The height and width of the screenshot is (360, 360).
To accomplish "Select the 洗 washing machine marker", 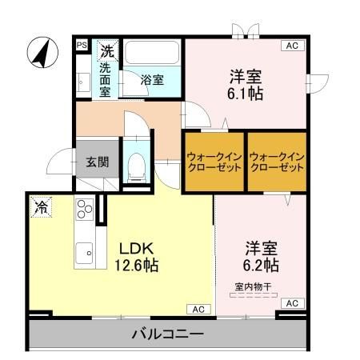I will pyautogui.click(x=106, y=50).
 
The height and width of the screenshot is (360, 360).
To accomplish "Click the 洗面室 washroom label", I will pyautogui.click(x=106, y=79).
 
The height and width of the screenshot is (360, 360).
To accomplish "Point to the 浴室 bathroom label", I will pyautogui.click(x=152, y=80).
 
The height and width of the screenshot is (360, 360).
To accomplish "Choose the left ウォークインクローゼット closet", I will pyautogui.click(x=213, y=162).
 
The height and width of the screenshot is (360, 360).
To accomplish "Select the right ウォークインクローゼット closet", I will pyautogui.click(x=276, y=162).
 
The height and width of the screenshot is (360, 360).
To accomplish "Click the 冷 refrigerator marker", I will pyautogui.click(x=40, y=207).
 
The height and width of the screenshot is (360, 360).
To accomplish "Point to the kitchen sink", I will pyautogui.click(x=83, y=255).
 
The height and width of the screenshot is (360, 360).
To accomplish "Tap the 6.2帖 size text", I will pyautogui.click(x=262, y=264).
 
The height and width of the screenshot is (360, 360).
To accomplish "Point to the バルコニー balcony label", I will pyautogui.click(x=167, y=334).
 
